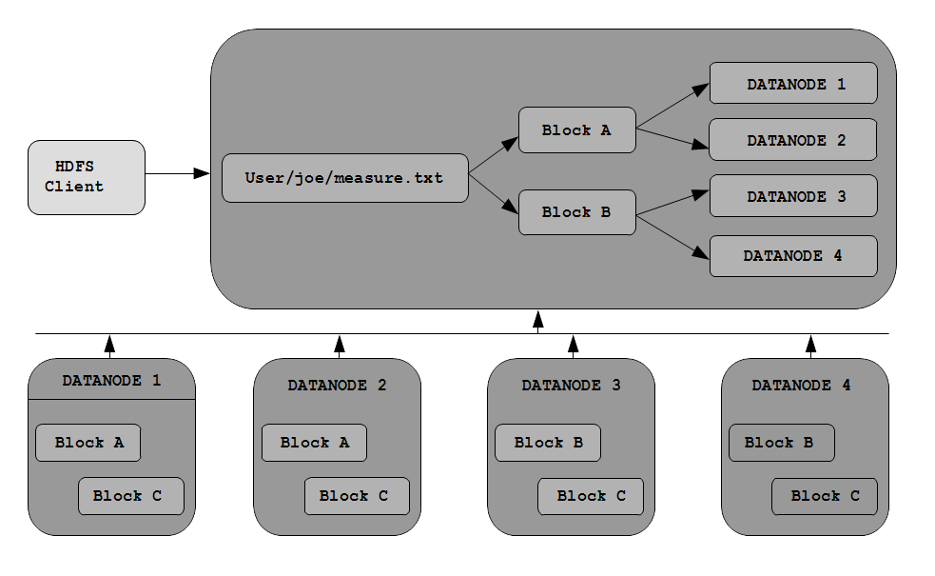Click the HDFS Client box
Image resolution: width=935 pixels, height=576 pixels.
[x=87, y=177]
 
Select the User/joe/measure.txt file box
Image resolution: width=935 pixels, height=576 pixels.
[x=345, y=178]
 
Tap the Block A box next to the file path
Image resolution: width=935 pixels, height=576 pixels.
[x=577, y=130]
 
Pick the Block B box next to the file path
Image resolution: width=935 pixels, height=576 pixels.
[x=577, y=212]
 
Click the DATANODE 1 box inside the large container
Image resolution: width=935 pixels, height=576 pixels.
[x=793, y=83]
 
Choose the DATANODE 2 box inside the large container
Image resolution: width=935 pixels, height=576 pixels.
[x=793, y=140]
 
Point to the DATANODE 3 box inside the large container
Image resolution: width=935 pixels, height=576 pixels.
[x=793, y=196]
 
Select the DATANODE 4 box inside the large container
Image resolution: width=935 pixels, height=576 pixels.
[x=793, y=256]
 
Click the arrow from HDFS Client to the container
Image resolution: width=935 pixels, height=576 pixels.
[x=178, y=173]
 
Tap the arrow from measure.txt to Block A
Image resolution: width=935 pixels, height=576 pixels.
[x=494, y=155]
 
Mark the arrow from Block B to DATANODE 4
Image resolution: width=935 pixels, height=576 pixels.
[x=673, y=237]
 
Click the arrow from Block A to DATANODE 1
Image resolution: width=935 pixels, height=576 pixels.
[x=673, y=106]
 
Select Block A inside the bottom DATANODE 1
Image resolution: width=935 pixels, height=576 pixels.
[x=88, y=443]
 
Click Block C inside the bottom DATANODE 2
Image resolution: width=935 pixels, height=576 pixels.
[x=358, y=496]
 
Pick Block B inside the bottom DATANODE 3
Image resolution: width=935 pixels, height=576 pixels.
[x=548, y=443]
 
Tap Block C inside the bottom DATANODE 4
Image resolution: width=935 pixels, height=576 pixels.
[x=825, y=496]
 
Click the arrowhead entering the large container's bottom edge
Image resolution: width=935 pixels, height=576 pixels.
[x=537, y=319]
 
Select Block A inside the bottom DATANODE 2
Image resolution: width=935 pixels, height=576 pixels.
[x=314, y=443]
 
